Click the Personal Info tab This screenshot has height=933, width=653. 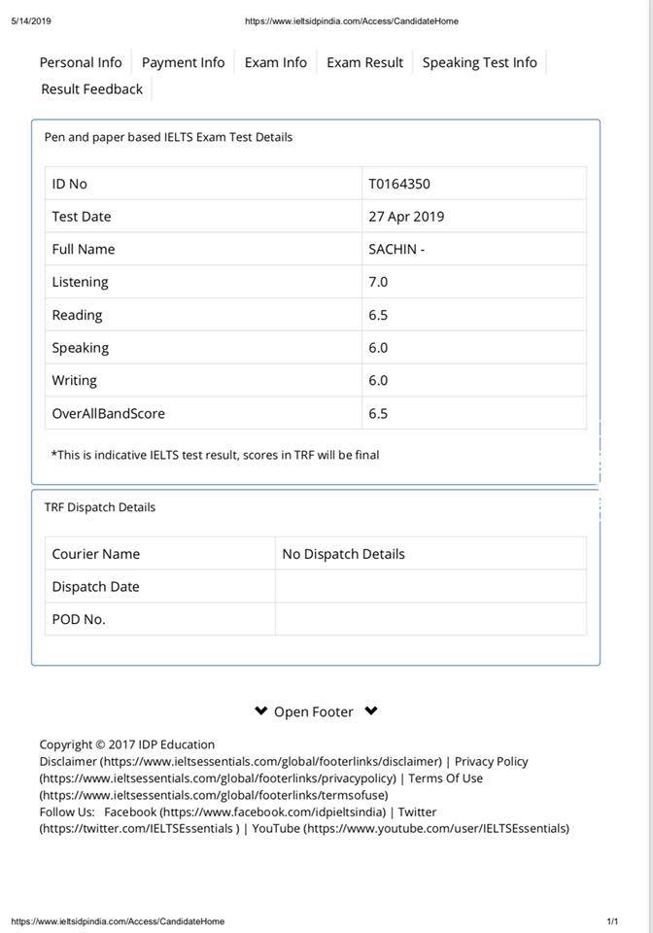click(81, 62)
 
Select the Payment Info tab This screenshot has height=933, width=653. click(183, 62)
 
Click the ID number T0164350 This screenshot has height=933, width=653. click(399, 184)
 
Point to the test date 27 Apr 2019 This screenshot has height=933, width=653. click(406, 217)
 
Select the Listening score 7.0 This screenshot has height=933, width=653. click(378, 282)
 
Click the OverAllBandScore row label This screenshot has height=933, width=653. click(108, 413)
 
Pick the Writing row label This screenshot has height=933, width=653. click(74, 380)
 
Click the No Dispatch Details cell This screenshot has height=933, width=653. click(343, 554)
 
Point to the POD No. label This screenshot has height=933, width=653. click(79, 619)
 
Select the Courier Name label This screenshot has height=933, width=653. click(95, 554)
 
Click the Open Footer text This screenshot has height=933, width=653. click(313, 711)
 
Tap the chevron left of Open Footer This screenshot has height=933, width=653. click(260, 710)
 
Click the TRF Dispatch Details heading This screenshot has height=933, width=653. click(99, 507)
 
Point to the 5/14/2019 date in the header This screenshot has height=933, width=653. click(30, 20)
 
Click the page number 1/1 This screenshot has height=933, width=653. click(612, 921)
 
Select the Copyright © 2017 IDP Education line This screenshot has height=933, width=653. click(126, 744)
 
